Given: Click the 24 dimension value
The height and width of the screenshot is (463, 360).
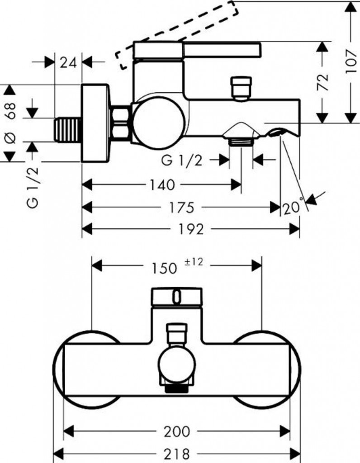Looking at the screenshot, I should pos(68,62).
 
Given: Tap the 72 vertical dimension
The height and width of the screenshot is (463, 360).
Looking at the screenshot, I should pos(322,82).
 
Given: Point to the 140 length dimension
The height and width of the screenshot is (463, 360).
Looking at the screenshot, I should pos(161,184).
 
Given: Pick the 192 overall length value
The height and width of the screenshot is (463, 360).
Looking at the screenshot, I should pos(191,230).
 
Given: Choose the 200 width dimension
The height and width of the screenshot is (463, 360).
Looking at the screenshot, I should pos(176,431).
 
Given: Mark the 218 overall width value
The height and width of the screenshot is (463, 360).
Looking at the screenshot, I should pos(176,453).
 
